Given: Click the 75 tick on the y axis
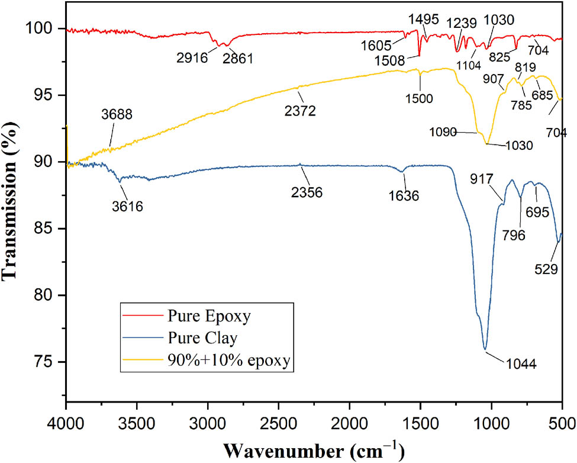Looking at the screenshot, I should pos(47,362).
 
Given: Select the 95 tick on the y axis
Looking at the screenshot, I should pos(47,95).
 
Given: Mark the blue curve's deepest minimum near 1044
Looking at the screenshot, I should pos(485,350).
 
